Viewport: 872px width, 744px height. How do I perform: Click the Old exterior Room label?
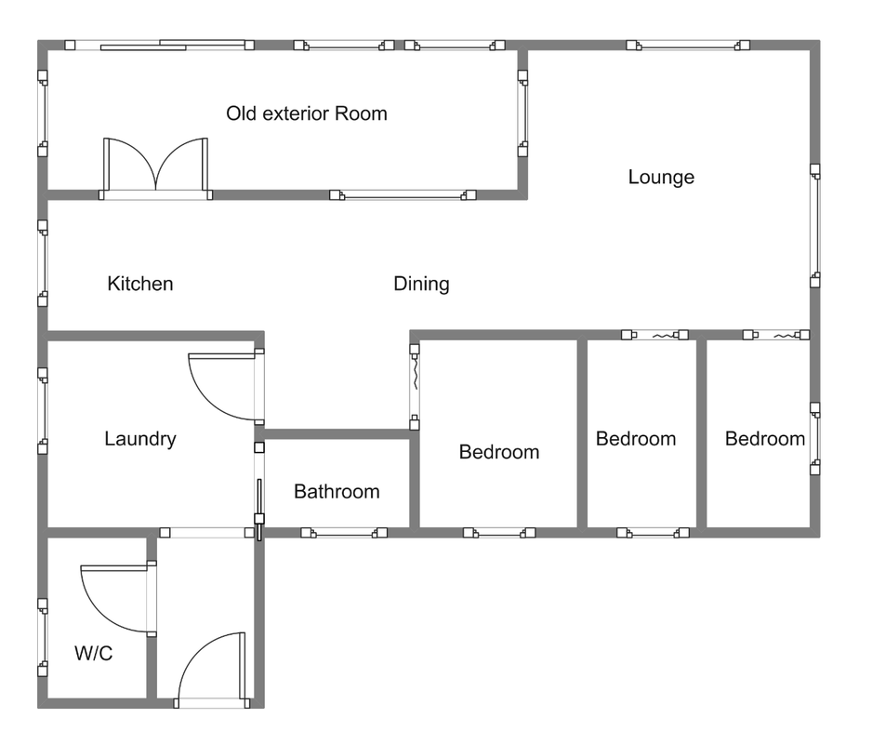[x=307, y=113]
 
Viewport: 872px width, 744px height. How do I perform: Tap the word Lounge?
[x=661, y=177]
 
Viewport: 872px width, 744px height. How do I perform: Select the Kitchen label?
[x=140, y=284]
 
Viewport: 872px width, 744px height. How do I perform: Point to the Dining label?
[x=421, y=284]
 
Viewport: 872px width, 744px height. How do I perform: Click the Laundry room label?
[x=140, y=439]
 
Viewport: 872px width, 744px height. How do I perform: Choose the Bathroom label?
[x=337, y=491]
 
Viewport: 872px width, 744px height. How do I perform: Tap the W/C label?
[x=93, y=653]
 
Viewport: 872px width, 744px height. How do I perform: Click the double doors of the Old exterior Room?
[x=156, y=168]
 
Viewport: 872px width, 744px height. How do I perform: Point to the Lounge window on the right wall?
[x=814, y=225]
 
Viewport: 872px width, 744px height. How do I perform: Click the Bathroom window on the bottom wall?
[x=344, y=533]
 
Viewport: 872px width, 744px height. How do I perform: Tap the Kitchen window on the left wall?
[x=43, y=263]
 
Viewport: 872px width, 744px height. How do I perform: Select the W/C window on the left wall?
[x=43, y=637]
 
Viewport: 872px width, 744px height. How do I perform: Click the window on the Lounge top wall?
[x=688, y=45]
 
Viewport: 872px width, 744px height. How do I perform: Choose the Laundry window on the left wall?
[x=43, y=411]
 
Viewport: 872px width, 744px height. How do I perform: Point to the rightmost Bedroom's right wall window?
[x=814, y=439]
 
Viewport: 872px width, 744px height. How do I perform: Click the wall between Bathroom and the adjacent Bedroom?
[x=415, y=483]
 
